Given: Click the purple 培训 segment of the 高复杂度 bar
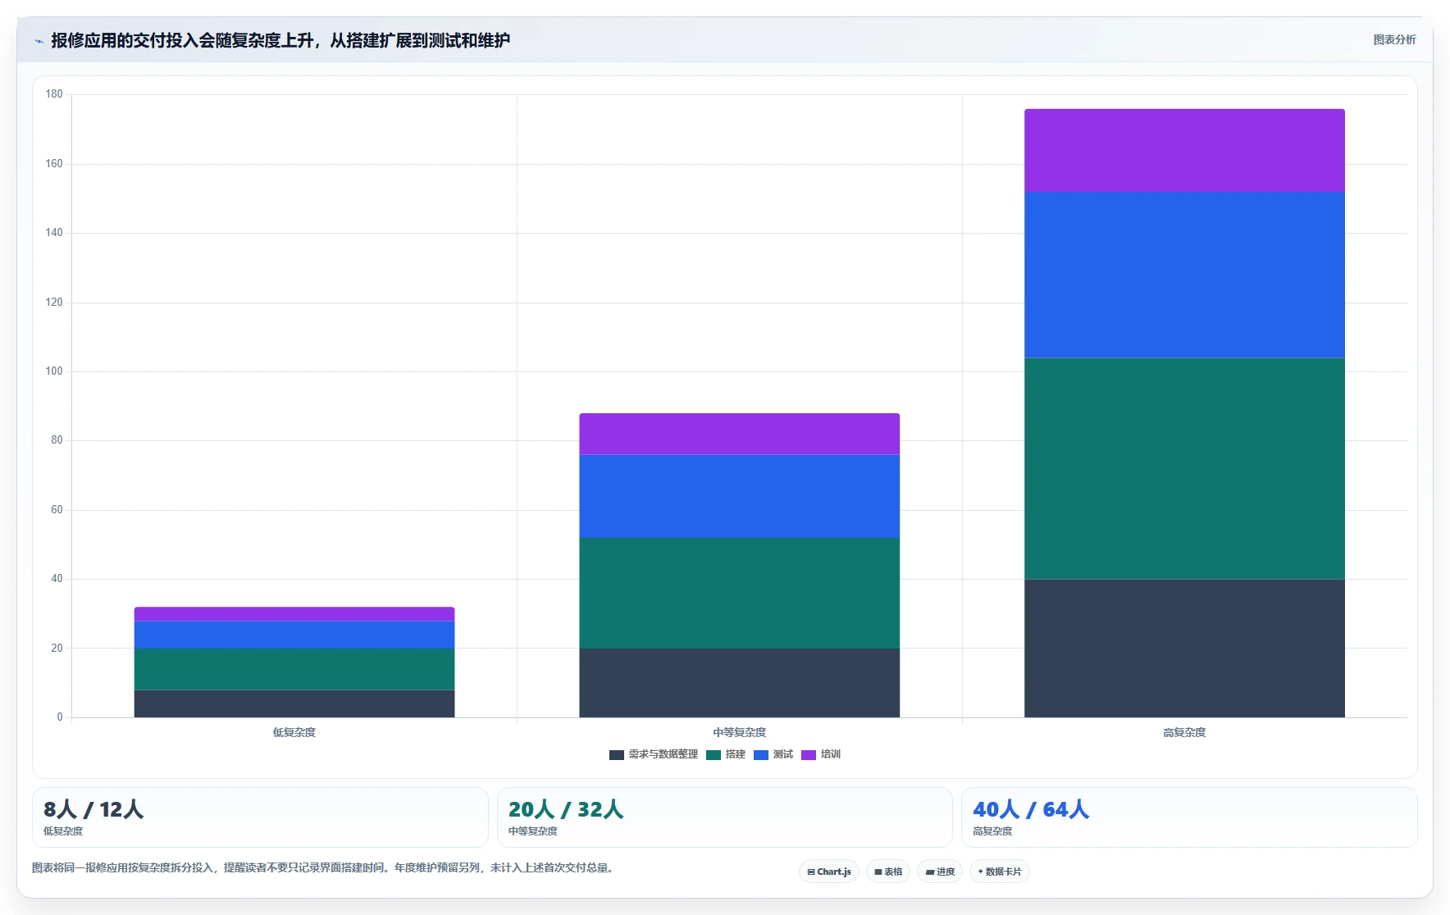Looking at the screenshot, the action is [x=1184, y=150].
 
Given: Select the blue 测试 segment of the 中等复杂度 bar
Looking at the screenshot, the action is [x=739, y=496].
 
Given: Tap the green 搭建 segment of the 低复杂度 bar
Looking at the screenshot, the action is [x=294, y=669].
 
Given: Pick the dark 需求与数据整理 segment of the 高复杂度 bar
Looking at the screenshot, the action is [x=1184, y=649].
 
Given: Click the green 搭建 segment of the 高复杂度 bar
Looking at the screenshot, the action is [x=1184, y=468].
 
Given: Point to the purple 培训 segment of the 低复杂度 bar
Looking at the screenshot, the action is [x=294, y=614].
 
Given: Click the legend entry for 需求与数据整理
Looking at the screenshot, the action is [x=654, y=754].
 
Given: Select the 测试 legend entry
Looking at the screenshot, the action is [x=773, y=754].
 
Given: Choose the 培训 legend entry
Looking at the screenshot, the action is [x=821, y=754].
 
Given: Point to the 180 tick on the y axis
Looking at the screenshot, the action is [x=54, y=94].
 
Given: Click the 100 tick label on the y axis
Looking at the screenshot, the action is [x=54, y=371].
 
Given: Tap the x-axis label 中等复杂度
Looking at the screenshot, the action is [x=739, y=732].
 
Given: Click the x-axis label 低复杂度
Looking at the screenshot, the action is [x=294, y=732].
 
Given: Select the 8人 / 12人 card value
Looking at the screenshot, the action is [x=93, y=809].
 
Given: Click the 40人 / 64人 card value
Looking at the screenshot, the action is [x=1031, y=809].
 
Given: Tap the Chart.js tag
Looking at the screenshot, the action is [x=829, y=872].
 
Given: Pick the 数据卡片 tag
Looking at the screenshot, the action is [x=1000, y=872].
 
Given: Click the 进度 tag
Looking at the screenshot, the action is [x=940, y=872].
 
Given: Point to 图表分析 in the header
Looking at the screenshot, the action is [x=1394, y=39].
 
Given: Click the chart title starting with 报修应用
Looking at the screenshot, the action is [x=280, y=40].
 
